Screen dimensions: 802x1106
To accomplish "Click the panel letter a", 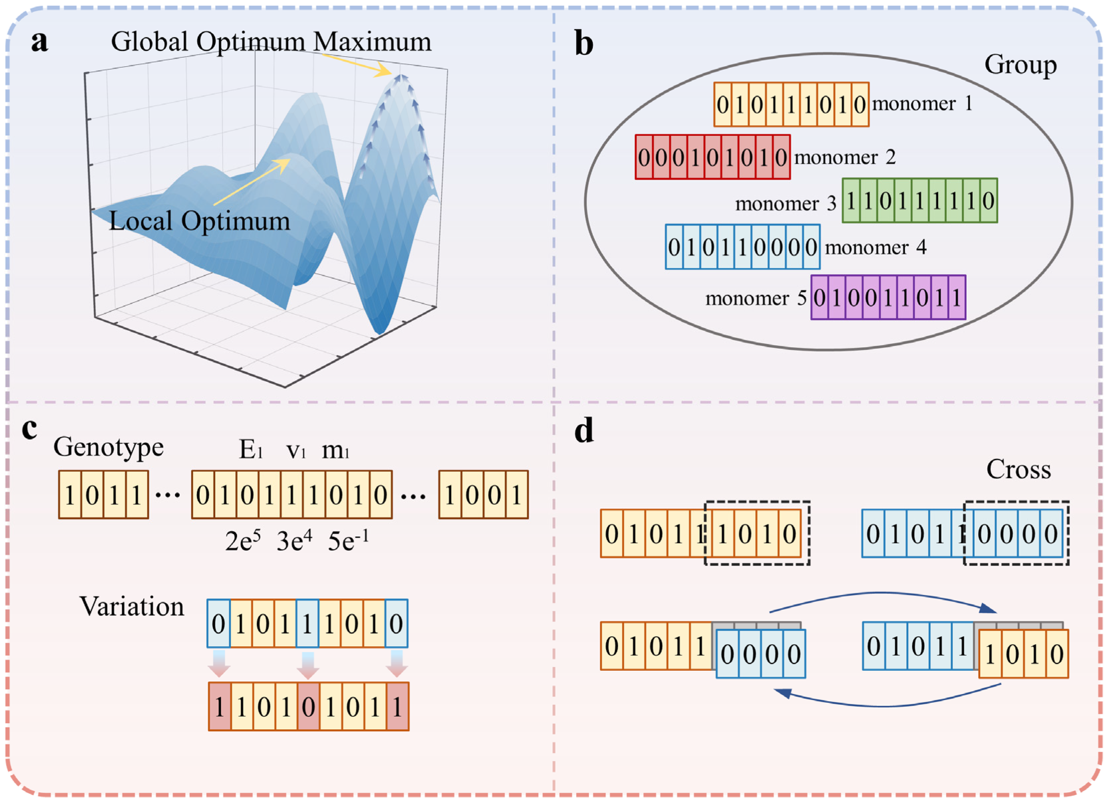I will point(40,42).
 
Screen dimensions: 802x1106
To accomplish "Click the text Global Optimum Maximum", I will point(271,42).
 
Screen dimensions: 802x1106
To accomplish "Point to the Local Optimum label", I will point(199,221).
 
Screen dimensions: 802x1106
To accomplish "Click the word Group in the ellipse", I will point(1020,64).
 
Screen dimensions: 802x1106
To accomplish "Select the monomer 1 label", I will point(922,103).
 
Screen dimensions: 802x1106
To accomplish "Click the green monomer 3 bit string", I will point(920,201).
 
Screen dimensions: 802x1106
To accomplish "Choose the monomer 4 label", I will point(875,247).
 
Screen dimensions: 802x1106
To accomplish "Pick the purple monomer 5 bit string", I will point(888,298).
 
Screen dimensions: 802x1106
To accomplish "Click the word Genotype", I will point(108,447).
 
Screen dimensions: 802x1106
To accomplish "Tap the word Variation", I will point(132,607).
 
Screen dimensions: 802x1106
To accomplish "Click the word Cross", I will point(1018,470).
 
